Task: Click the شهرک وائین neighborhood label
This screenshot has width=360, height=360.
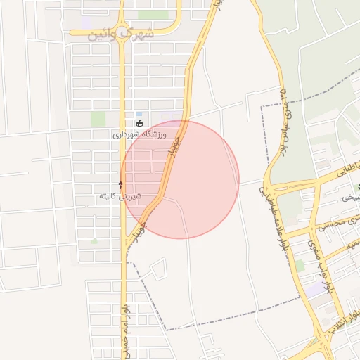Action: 121,34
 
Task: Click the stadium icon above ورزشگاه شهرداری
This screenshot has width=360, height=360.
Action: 139,123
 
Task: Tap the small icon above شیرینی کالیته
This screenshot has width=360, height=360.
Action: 120,185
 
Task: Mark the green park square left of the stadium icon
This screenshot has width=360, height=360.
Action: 98,119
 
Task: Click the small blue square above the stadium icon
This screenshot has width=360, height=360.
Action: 139,114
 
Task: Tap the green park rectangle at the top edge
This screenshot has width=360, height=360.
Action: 153,14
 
